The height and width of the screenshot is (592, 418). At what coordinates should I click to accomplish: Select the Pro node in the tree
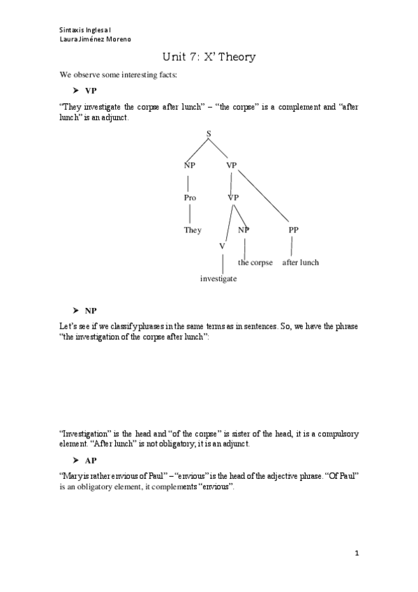click(x=190, y=198)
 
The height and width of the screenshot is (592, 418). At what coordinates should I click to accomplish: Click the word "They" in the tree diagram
click(x=193, y=230)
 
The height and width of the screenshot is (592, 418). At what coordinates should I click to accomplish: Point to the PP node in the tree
click(x=293, y=230)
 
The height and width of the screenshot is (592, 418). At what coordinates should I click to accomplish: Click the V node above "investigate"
click(x=222, y=246)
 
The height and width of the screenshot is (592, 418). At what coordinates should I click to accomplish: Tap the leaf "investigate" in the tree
click(x=218, y=279)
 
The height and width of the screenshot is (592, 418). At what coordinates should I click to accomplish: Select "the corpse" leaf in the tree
click(x=255, y=262)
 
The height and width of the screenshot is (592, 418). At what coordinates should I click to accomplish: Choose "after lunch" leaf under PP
click(x=300, y=262)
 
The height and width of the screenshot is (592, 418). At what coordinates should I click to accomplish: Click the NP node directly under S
click(x=190, y=165)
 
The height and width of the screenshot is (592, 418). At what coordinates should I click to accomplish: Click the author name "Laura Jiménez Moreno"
click(x=95, y=39)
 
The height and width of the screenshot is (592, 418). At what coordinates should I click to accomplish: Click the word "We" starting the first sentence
click(x=66, y=75)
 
